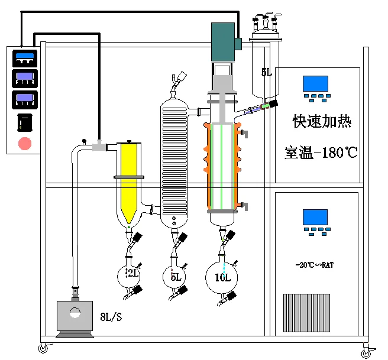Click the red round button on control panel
click(x=25, y=144)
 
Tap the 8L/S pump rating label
click(x=111, y=317)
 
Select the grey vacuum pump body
click(x=75, y=316)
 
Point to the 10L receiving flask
click(x=221, y=277)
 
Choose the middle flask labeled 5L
click(x=174, y=277)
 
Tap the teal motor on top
click(x=223, y=42)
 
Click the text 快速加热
click(x=322, y=121)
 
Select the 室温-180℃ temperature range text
click(x=321, y=153)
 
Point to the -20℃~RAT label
click(x=315, y=265)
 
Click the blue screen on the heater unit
click(x=315, y=84)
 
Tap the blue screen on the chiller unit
click(x=315, y=218)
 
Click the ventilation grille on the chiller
click(x=306, y=313)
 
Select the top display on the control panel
click(x=25, y=59)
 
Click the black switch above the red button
click(x=25, y=122)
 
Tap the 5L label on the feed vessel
click(x=267, y=72)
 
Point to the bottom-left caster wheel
click(x=43, y=348)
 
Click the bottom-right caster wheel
click(x=366, y=352)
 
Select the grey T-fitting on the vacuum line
click(x=99, y=147)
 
